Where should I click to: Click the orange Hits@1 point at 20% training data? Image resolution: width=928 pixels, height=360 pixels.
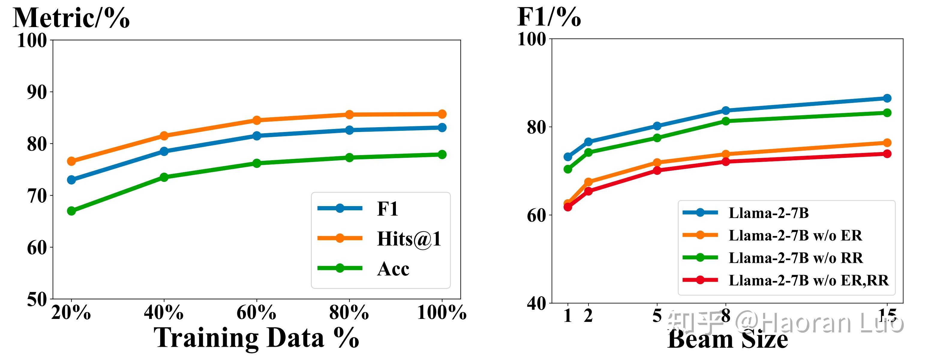pyautogui.click(x=71, y=161)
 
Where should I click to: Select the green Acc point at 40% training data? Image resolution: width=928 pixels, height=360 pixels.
pyautogui.click(x=164, y=177)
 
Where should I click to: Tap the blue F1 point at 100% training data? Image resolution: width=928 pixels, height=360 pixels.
pyautogui.click(x=442, y=127)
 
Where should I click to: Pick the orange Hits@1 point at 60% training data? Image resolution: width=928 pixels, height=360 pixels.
pyautogui.click(x=256, y=120)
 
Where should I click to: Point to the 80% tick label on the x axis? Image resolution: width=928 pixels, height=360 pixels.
pyautogui.click(x=349, y=313)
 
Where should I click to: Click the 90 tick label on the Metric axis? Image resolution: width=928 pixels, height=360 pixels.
pyautogui.click(x=37, y=92)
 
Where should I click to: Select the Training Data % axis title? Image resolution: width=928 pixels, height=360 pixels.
pyautogui.click(x=256, y=338)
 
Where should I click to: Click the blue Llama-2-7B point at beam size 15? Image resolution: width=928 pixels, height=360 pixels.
pyautogui.click(x=887, y=98)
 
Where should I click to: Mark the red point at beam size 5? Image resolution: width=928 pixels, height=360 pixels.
pyautogui.click(x=657, y=170)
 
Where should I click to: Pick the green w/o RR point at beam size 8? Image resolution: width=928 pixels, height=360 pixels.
pyautogui.click(x=726, y=121)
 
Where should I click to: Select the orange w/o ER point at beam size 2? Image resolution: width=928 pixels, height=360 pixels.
pyautogui.click(x=588, y=182)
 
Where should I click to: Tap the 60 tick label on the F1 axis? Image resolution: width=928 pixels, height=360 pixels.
pyautogui.click(x=536, y=215)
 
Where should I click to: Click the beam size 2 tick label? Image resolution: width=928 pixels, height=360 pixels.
pyautogui.click(x=588, y=316)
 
